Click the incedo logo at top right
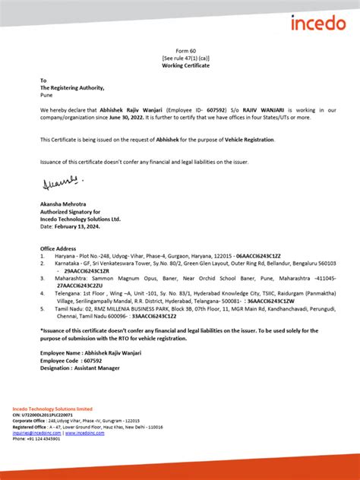click(317, 23)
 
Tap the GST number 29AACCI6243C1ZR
click(87, 270)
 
